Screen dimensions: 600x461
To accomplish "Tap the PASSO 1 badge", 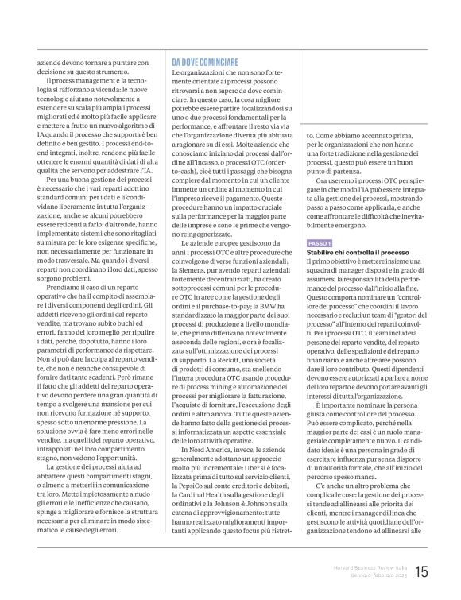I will click(x=320, y=242).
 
